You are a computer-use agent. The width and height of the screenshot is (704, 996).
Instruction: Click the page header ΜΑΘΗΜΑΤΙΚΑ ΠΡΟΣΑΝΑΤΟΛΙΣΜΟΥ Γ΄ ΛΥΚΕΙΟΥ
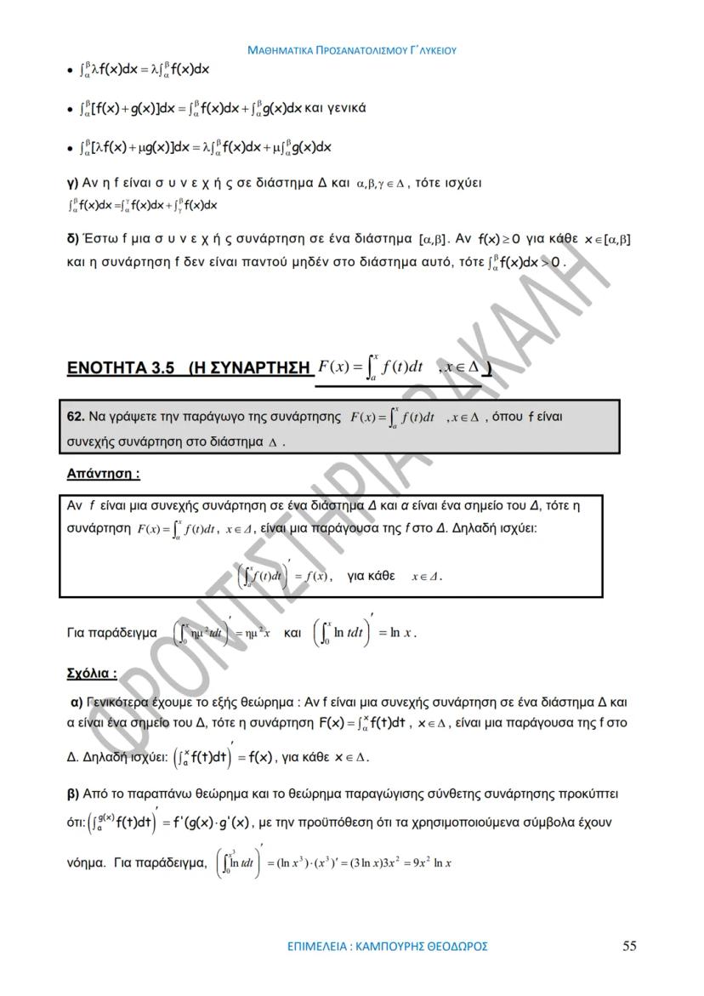pos(352,50)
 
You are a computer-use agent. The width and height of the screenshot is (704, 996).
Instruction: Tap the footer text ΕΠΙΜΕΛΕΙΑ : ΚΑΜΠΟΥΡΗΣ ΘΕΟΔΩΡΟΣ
pos(388,947)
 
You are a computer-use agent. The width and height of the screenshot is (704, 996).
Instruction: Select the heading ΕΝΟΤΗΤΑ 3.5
pos(120,368)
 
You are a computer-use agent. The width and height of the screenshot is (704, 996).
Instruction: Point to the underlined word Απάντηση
pos(103,473)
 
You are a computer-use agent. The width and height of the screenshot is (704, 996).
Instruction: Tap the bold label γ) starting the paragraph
pos(72,185)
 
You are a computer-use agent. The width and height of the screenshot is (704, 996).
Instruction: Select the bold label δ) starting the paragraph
pos(72,241)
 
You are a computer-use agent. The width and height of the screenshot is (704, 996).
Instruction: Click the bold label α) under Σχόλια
pos(76,703)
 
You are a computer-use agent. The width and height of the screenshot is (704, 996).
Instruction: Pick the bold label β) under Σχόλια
pos(73,794)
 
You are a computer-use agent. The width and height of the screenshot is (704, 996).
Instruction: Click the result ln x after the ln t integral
pos(402,633)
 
